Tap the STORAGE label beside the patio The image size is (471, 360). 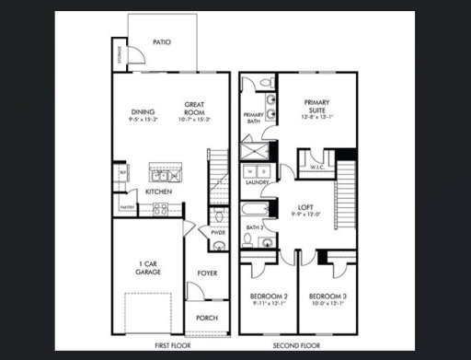point(120,57)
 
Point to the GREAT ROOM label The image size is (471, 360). point(193,108)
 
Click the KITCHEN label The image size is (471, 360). point(158,192)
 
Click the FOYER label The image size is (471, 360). point(207,273)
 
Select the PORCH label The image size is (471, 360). point(207,319)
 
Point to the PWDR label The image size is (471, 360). point(217,233)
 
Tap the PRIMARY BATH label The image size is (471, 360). point(253,118)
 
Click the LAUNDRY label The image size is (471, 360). point(258,182)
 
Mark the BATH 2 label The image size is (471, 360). point(255,226)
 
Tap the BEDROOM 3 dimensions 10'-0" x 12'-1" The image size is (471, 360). point(327,303)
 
